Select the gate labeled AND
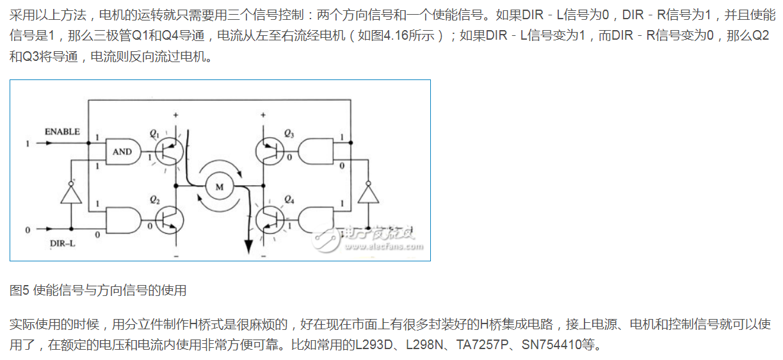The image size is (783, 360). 122,151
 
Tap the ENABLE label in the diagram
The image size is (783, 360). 62,132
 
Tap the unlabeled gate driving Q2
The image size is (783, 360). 122,221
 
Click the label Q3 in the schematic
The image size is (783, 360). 289,133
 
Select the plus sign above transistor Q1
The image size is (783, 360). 175,114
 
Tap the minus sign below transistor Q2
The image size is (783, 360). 175,256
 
